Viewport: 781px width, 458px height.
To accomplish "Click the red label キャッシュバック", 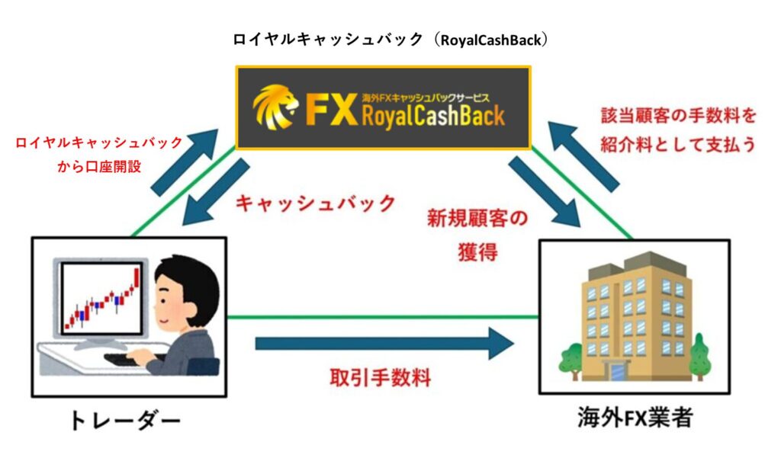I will (315, 203).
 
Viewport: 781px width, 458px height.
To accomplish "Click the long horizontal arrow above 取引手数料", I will (384, 344).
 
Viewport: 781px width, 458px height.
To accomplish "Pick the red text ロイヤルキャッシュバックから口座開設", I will (99, 155).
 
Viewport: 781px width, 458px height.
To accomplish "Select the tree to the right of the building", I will (699, 354).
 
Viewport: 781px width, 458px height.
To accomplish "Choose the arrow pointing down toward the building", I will (545, 191).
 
